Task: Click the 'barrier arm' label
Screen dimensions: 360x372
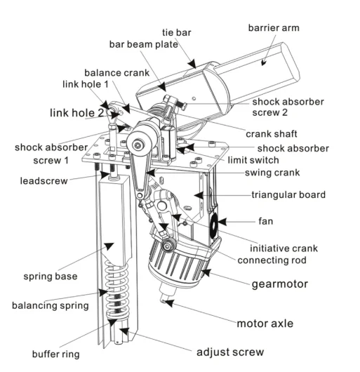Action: click(274, 28)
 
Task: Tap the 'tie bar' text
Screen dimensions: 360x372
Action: click(177, 32)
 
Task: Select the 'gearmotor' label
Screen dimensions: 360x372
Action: click(280, 284)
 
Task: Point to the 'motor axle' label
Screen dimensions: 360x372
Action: click(265, 324)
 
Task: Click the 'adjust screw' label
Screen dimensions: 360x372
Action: click(230, 352)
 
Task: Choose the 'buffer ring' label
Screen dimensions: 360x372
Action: click(56, 354)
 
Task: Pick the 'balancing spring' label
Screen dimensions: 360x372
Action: click(51, 305)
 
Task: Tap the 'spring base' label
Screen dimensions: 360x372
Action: click(51, 277)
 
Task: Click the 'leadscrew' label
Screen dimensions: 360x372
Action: click(44, 181)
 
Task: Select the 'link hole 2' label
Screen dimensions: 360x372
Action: click(76, 113)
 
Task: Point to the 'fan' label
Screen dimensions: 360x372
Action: click(265, 221)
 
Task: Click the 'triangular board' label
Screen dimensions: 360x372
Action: click(288, 195)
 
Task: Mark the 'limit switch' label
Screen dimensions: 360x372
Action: click(253, 160)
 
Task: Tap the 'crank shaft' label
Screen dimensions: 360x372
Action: click(272, 134)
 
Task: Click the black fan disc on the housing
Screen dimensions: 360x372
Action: click(214, 225)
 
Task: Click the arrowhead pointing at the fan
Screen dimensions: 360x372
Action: click(222, 222)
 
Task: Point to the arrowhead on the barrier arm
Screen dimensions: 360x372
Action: click(264, 62)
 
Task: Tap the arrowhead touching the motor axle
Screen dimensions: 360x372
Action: click(169, 303)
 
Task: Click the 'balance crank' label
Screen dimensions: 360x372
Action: click(117, 73)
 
